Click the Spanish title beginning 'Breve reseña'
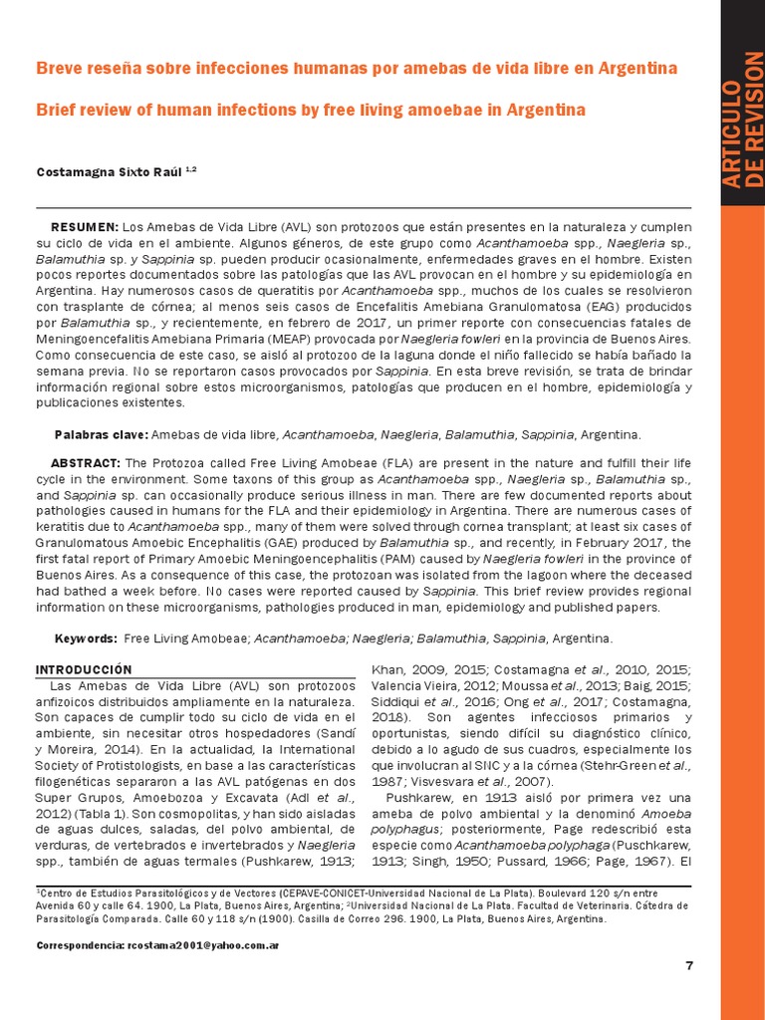[357, 69]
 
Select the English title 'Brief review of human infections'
[311, 110]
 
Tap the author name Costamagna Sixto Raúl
[110, 171]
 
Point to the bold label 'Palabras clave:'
[101, 435]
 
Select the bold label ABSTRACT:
[85, 463]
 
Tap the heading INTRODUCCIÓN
[84, 668]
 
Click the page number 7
[688, 966]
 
